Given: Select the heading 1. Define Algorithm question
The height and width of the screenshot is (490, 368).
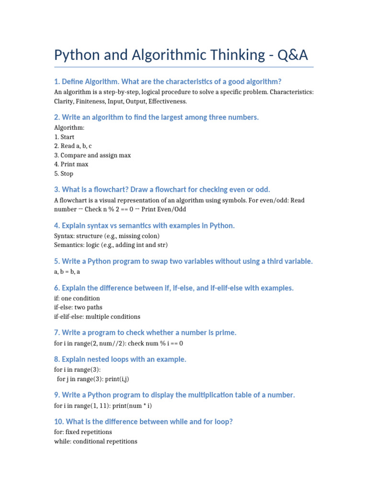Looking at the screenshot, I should coord(168,81).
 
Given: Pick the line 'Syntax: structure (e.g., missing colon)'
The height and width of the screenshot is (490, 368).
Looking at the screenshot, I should coord(107,236).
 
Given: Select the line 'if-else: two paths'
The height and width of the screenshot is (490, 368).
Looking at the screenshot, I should coord(78,307).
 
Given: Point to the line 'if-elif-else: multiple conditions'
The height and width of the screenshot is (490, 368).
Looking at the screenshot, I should coord(97,316).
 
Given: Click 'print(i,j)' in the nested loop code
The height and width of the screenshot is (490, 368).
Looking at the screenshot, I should coord(117,379).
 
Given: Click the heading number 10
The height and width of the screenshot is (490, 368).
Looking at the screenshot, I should coord(59,422).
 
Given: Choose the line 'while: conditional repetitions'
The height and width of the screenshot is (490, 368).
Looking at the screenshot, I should coord(96,441).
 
